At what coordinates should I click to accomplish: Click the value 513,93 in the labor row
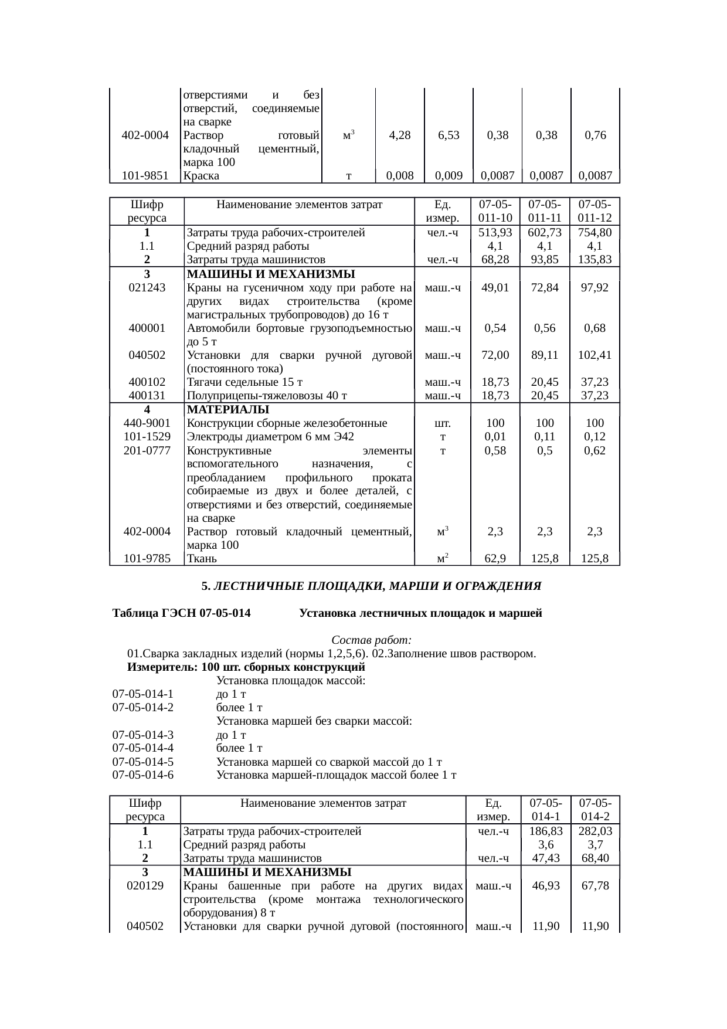click(495, 233)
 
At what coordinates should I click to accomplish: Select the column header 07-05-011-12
click(595, 211)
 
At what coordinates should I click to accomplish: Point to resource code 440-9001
click(147, 423)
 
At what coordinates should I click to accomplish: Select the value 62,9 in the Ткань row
click(495, 559)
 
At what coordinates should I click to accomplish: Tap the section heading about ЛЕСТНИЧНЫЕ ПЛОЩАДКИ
click(371, 586)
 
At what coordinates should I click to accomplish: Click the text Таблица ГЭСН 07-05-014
click(181, 613)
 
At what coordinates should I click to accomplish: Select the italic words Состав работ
click(371, 640)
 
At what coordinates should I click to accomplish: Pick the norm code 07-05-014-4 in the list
click(143, 748)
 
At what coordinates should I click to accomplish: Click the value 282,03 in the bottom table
click(596, 831)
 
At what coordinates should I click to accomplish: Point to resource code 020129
click(145, 885)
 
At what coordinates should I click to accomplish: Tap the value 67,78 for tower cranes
click(596, 885)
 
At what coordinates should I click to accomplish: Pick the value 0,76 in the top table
click(596, 135)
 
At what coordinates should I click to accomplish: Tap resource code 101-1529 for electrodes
click(147, 436)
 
